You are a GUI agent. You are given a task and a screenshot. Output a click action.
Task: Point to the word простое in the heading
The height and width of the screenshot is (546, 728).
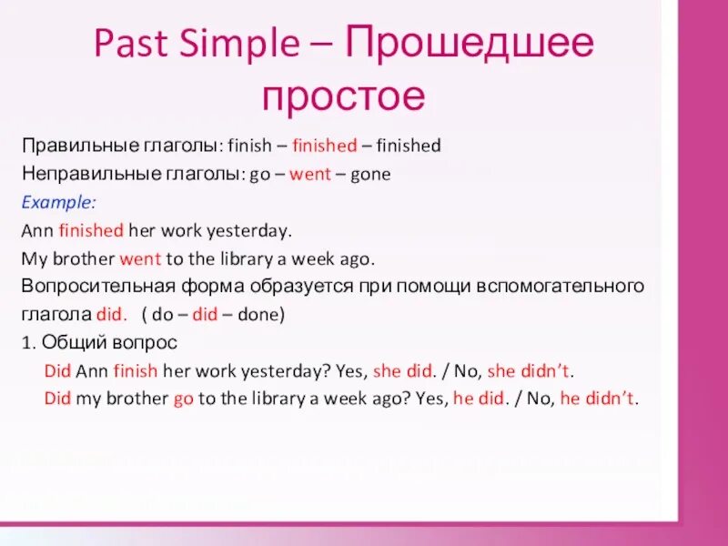point(343,95)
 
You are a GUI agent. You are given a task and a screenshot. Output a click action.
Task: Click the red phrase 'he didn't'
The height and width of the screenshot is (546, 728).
point(599,399)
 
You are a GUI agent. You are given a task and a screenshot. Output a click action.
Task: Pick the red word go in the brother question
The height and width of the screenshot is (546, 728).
point(183,399)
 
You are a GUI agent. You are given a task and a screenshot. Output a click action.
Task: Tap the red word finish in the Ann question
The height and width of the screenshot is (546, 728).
point(135,372)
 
